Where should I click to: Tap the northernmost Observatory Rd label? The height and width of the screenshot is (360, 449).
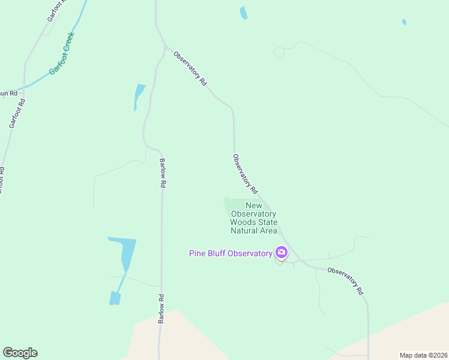click(190, 68)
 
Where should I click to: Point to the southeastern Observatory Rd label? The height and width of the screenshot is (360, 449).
click(346, 280)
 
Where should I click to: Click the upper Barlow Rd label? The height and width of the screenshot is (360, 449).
click(162, 173)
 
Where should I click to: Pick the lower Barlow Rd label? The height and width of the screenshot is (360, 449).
click(161, 310)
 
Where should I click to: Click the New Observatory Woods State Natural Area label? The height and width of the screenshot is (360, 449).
click(253, 218)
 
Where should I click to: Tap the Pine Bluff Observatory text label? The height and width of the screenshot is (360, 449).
click(231, 253)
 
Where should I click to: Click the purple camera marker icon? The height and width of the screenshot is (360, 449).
click(281, 253)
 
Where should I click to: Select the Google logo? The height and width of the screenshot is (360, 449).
click(20, 353)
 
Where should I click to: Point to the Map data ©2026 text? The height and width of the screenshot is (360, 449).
click(423, 355)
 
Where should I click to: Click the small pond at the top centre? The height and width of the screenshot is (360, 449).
click(243, 13)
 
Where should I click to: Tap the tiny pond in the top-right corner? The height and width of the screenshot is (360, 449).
click(404, 22)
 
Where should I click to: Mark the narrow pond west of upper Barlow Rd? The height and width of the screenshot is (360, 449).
click(139, 97)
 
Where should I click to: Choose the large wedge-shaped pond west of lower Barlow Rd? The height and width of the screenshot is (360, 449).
click(125, 252)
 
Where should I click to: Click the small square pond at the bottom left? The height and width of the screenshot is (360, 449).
click(115, 298)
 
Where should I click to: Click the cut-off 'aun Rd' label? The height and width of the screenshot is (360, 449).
click(8, 93)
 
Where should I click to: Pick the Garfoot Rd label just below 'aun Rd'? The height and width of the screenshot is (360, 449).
click(17, 113)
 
